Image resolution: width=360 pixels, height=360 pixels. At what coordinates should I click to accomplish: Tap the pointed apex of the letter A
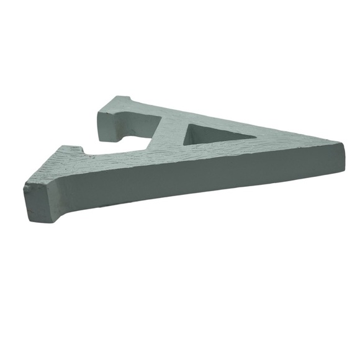tap(343, 143)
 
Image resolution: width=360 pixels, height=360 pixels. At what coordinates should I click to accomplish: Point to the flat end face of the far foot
tap(109, 126)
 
